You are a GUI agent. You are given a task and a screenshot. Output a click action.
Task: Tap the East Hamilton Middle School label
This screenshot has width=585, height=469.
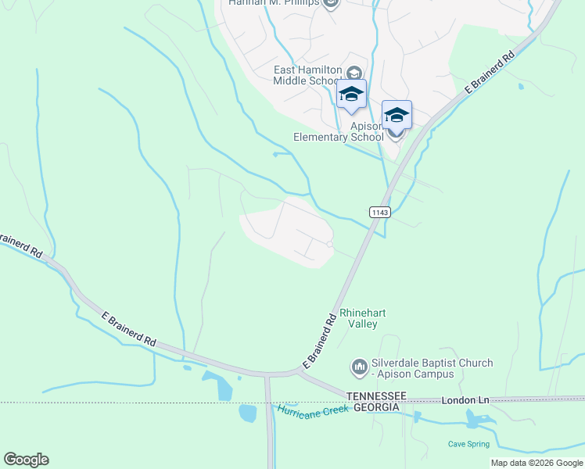tap(307, 75)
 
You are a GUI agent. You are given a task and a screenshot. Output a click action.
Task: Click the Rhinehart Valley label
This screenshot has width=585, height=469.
tap(363, 318)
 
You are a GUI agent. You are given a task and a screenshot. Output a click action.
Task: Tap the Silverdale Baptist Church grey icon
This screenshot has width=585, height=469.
tap(359, 366)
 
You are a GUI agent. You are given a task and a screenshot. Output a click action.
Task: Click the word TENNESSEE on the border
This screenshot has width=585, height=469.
tap(376, 396)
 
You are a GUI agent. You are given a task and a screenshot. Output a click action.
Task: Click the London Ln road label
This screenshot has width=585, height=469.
tap(465, 400)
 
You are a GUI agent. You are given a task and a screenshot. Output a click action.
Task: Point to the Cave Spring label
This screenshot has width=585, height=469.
tap(468, 444)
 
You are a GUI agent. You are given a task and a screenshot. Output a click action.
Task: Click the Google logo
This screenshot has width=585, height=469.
tap(26, 460)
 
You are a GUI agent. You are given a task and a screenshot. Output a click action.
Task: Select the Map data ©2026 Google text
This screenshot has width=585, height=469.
tap(537, 463)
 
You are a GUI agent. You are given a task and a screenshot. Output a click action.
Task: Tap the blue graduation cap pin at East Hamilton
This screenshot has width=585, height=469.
tap(351, 94)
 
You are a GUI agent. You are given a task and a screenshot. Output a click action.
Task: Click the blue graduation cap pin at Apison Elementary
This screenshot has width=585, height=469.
tap(397, 116)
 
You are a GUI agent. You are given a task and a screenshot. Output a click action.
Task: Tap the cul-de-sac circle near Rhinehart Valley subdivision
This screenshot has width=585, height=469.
tap(330, 245)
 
